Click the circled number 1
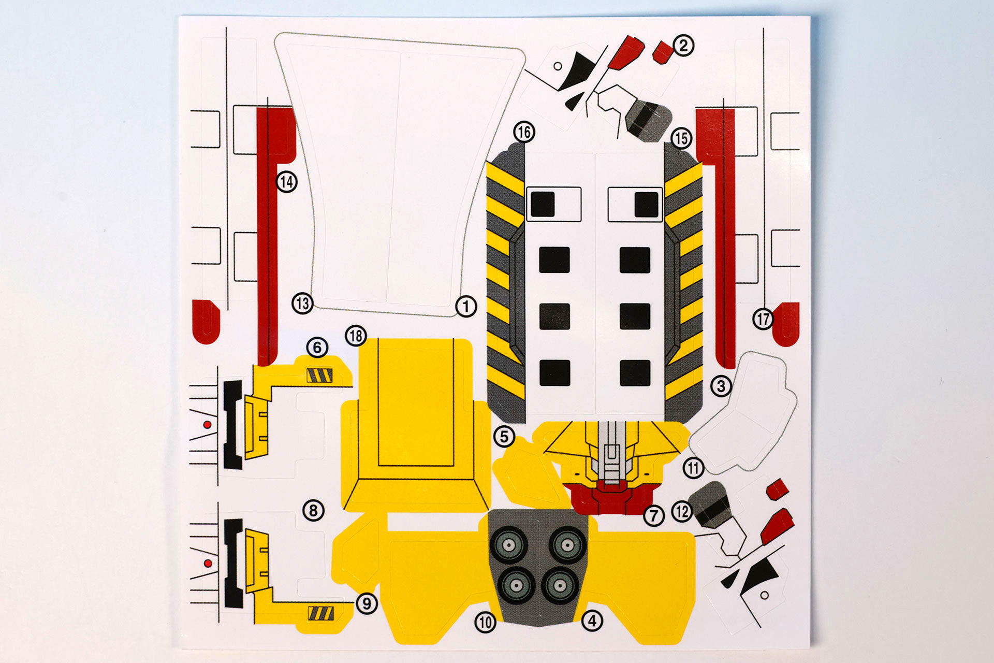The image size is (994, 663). (x=466, y=307)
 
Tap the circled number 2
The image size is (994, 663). (x=683, y=46)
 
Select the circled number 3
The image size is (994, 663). (x=721, y=385)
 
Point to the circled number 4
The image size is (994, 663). (x=593, y=620)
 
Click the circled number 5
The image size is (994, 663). (x=504, y=437)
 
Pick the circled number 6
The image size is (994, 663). (x=317, y=347)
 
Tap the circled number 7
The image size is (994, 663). (x=654, y=515)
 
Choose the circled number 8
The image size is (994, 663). (x=313, y=511)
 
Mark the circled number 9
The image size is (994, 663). (x=367, y=603)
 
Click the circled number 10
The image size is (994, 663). (x=485, y=622)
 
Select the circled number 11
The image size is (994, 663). (x=693, y=468)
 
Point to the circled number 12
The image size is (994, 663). (x=682, y=512)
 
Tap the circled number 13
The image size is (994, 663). (x=303, y=303)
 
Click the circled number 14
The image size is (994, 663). (x=286, y=182)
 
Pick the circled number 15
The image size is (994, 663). (x=681, y=138)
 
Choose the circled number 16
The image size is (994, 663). (x=524, y=132)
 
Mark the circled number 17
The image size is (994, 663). (x=763, y=319)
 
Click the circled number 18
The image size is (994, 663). (x=356, y=336)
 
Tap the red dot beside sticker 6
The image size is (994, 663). (x=207, y=425)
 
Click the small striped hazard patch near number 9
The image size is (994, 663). (x=321, y=613)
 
